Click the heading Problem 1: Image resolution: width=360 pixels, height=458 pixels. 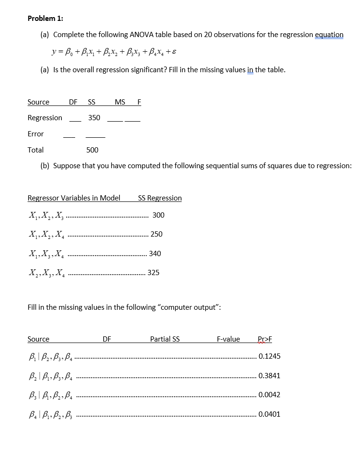point(45,19)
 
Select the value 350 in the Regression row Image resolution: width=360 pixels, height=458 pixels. point(94,117)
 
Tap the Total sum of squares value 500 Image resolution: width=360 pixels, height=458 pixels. point(92,150)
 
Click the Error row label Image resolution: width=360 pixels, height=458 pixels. point(36,134)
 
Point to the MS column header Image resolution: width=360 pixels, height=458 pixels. point(120,102)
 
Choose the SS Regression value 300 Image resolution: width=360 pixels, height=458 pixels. point(159,215)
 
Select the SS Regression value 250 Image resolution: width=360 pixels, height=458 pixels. point(156,234)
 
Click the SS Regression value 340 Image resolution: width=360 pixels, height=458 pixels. point(155,253)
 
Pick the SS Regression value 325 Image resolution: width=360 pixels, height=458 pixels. point(154,273)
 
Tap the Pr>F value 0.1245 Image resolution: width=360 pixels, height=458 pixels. point(269,356)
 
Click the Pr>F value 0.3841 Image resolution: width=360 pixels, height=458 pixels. point(269,375)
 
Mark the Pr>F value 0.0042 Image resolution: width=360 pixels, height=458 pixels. point(269,394)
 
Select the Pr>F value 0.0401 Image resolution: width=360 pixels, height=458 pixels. point(269,414)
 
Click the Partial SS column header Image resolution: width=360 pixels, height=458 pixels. point(165,339)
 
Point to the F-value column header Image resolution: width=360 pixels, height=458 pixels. point(228,339)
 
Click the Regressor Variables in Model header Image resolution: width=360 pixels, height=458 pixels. point(74,198)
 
